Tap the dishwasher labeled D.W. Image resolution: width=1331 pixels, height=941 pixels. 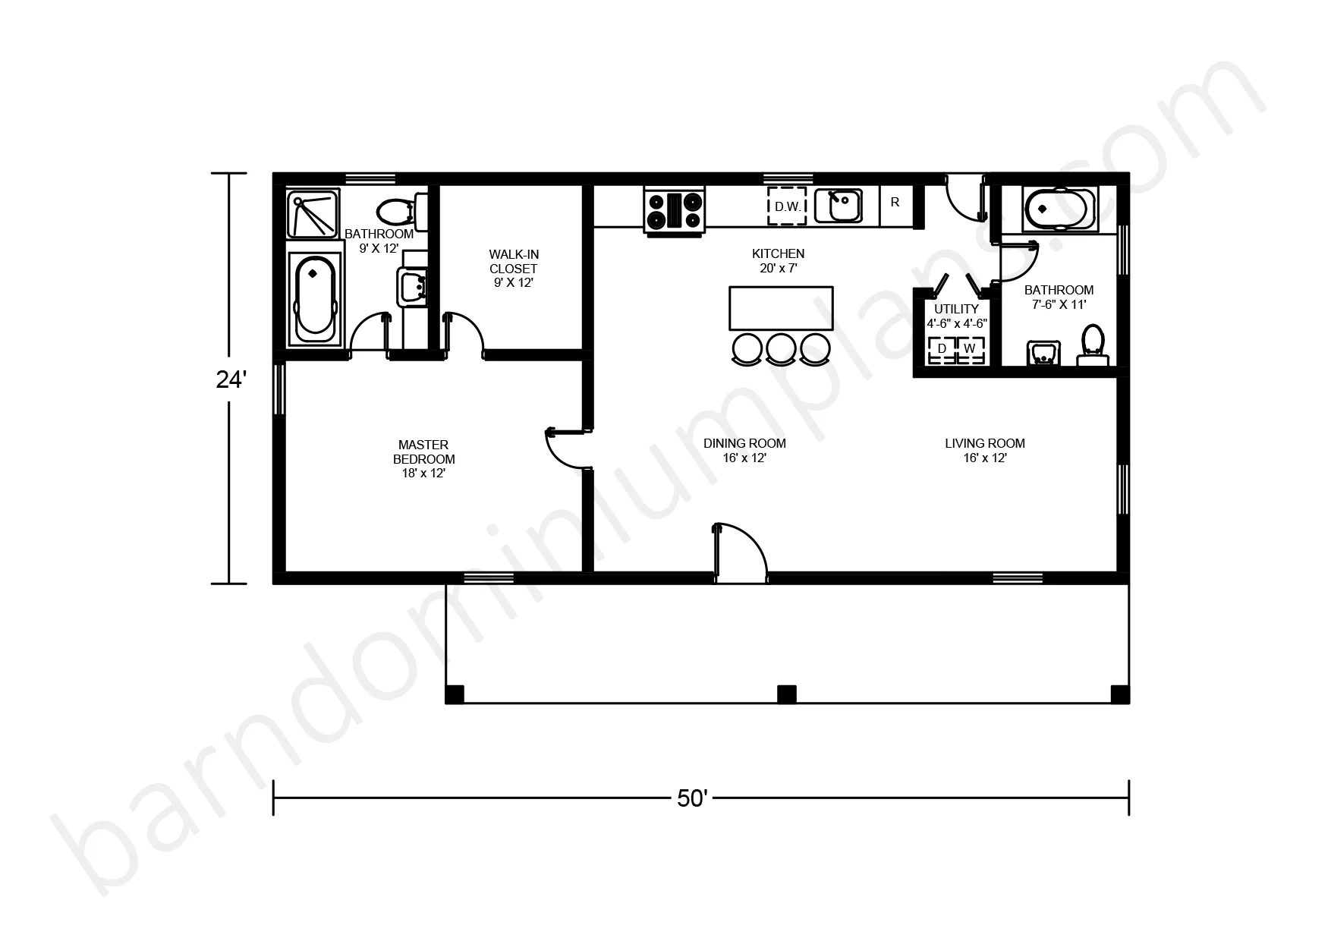click(786, 206)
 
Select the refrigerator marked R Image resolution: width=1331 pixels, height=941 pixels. click(895, 205)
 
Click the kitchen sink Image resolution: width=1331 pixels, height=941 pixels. click(839, 206)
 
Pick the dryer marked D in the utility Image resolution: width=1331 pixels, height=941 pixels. click(942, 349)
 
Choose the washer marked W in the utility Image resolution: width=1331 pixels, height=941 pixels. click(970, 349)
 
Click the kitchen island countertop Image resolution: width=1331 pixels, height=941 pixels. click(781, 308)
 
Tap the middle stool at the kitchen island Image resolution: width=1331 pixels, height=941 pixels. click(781, 348)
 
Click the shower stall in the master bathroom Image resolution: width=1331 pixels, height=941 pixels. click(313, 214)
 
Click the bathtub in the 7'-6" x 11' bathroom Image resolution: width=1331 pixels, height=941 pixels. click(1059, 209)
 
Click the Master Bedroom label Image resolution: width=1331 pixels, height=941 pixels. click(423, 458)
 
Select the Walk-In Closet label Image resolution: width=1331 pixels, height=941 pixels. click(514, 268)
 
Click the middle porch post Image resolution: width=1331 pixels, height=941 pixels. click(787, 694)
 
